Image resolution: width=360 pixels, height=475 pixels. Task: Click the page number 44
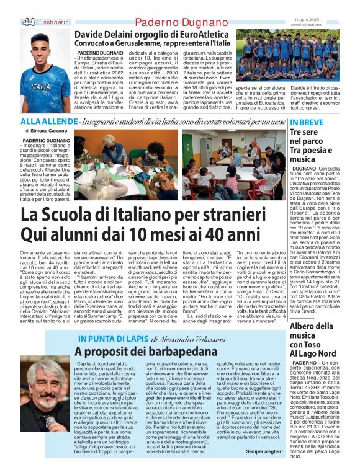28,22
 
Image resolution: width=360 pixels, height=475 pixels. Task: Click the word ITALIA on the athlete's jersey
42,87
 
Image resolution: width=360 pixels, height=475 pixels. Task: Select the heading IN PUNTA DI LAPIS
112,339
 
